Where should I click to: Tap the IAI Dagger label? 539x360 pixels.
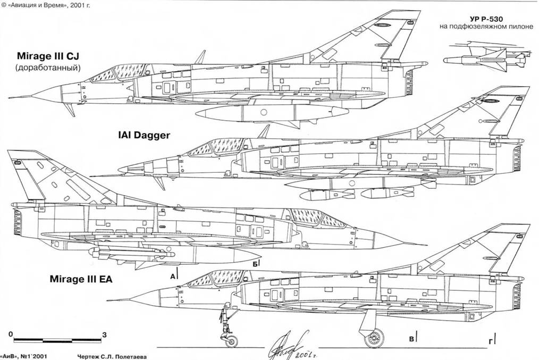[145, 135]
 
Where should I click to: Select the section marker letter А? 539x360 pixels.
[172, 276]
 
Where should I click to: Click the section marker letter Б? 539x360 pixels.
[256, 263]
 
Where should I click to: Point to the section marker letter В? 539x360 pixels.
[410, 337]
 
